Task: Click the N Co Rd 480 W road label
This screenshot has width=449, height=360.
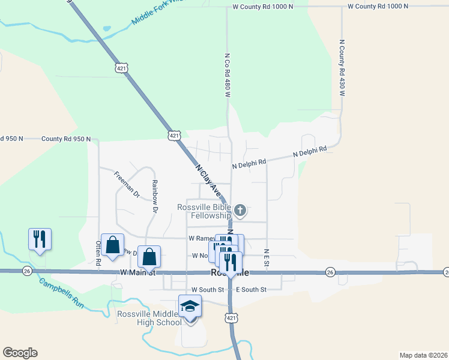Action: click(228, 75)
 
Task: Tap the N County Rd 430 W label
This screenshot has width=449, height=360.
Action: click(342, 68)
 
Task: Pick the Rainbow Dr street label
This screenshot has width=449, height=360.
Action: click(154, 197)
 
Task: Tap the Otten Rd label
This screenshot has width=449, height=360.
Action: click(98, 253)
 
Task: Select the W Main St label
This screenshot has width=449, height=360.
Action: click(137, 272)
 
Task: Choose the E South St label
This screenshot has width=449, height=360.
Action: click(250, 290)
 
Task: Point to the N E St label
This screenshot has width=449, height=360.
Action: click(267, 257)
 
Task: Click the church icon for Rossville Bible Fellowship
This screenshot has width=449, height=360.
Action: click(240, 210)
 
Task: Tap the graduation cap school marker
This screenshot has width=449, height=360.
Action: click(190, 307)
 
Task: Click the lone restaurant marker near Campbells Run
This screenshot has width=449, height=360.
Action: click(40, 239)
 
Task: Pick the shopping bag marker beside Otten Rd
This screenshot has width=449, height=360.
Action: click(112, 244)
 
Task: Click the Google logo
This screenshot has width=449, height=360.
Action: click(20, 353)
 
